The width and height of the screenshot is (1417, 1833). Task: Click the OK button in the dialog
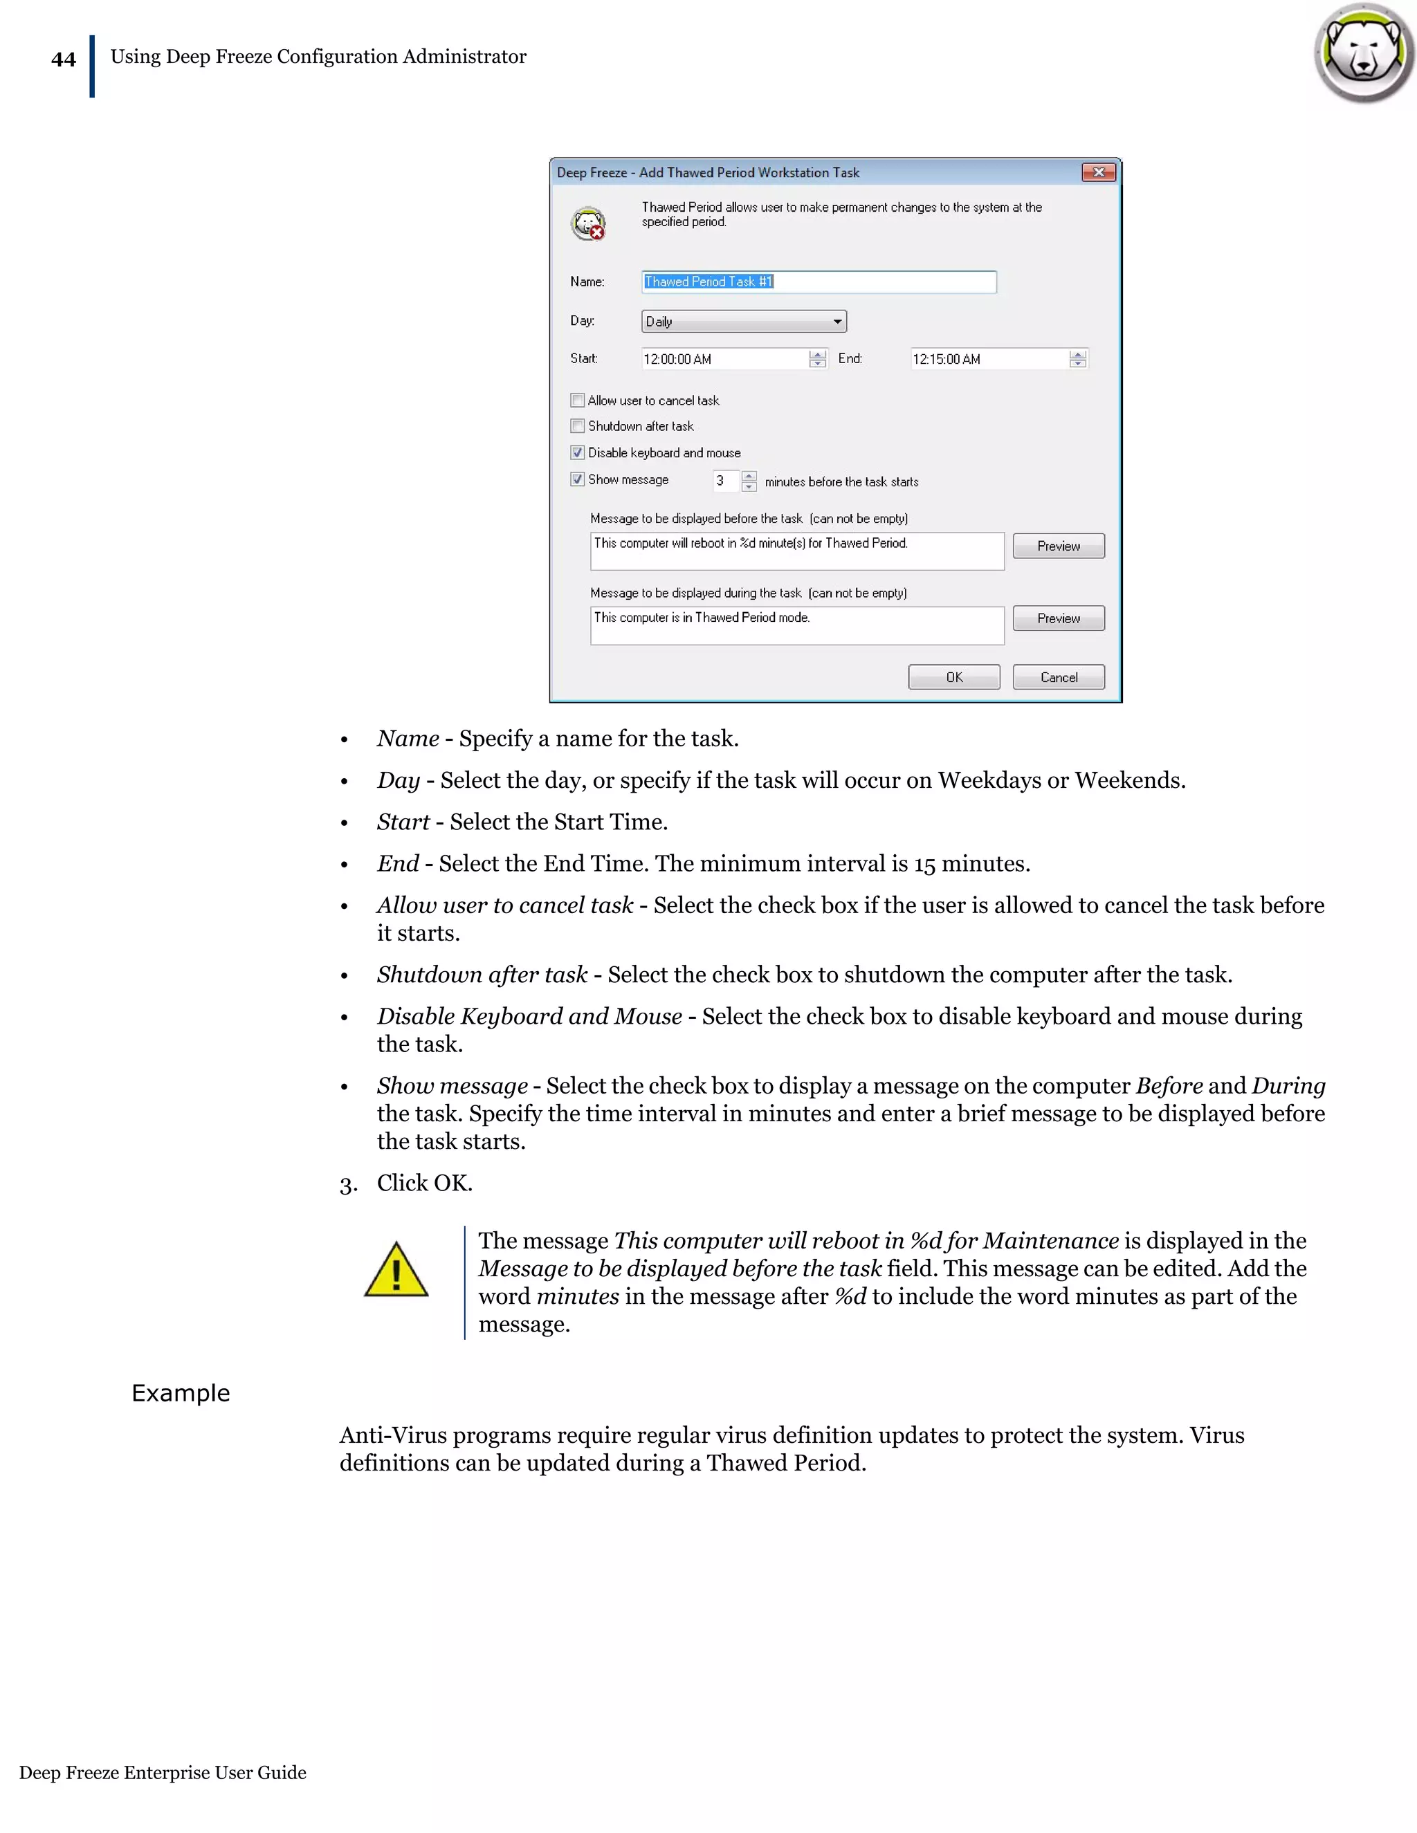tap(953, 677)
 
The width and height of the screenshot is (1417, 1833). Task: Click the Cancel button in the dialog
tap(1059, 677)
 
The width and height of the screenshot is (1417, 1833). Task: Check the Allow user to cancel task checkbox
tap(578, 400)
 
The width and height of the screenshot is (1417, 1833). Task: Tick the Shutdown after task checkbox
tap(578, 426)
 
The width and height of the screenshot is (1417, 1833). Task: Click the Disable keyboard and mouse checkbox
tap(578, 453)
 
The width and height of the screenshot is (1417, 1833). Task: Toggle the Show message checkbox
tap(578, 479)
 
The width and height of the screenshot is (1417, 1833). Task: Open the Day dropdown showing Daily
tap(744, 322)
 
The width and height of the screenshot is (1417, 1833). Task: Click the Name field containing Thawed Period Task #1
tap(819, 282)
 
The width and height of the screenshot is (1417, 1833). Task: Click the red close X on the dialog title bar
tap(1098, 172)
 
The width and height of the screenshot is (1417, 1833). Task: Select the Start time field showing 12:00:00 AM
tap(724, 359)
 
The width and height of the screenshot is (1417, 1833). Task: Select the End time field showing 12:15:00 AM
tap(989, 359)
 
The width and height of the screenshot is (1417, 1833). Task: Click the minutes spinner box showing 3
tap(725, 481)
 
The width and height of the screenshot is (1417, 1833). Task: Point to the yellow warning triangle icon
tap(396, 1271)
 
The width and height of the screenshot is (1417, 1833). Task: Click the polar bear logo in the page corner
tap(1364, 53)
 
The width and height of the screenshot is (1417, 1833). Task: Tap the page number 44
tap(64, 59)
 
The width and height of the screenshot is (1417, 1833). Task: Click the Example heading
tap(181, 1393)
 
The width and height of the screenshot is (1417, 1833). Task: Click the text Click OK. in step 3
tap(424, 1183)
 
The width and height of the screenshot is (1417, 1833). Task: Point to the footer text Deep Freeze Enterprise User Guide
tap(163, 1773)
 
